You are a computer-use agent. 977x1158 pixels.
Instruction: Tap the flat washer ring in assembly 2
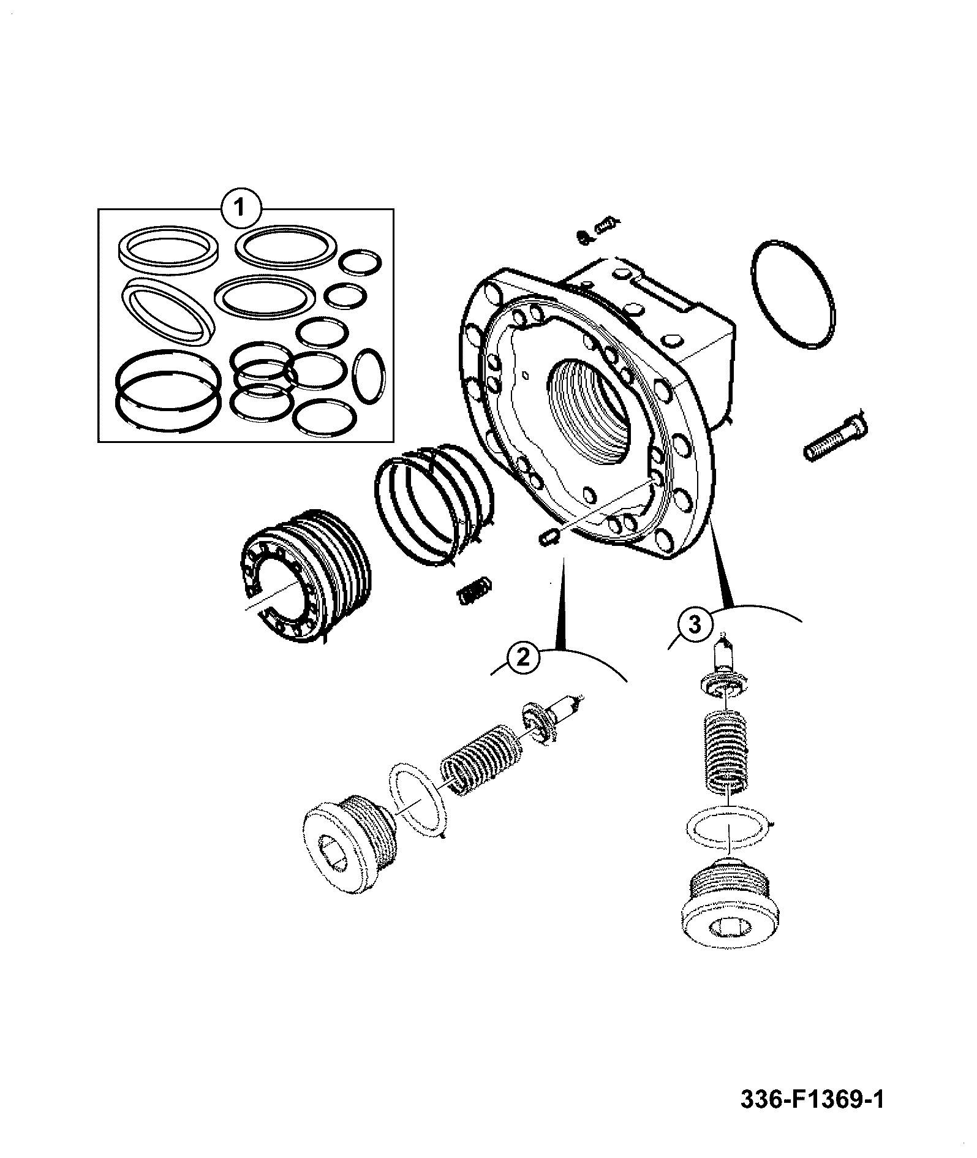pos(417,797)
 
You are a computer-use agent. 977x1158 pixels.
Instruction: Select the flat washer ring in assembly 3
pos(729,828)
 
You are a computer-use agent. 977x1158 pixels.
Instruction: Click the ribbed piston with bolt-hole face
pos(303,575)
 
